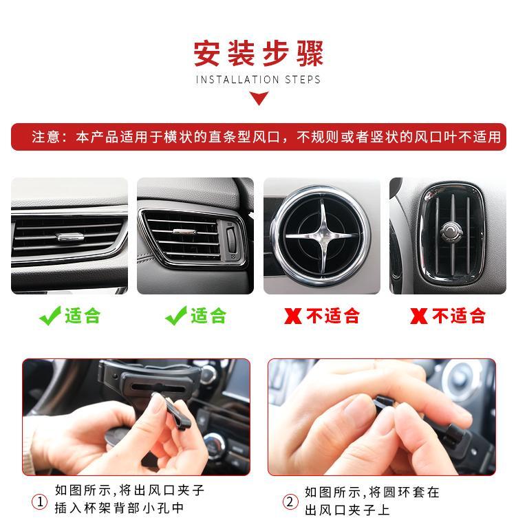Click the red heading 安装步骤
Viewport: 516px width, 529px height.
click(259, 53)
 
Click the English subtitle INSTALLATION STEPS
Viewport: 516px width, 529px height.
click(258, 80)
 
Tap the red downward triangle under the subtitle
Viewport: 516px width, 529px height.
click(259, 98)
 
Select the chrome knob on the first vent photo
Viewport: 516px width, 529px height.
click(71, 237)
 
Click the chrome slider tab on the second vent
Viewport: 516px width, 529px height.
click(184, 231)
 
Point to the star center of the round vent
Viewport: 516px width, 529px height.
click(321, 235)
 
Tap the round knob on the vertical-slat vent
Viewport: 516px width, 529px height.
click(451, 232)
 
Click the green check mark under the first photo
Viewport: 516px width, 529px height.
click(50, 316)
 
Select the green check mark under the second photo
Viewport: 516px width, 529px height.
click(176, 316)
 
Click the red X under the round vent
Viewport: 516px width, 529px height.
click(293, 316)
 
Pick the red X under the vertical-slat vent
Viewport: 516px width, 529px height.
click(419, 316)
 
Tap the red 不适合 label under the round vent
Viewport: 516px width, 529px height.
click(333, 316)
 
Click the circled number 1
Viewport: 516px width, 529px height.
click(39, 501)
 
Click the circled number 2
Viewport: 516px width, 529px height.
click(290, 501)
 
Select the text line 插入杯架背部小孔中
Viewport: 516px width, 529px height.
click(120, 508)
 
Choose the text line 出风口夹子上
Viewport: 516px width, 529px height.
click(347, 510)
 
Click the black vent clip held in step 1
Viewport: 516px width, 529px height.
click(175, 411)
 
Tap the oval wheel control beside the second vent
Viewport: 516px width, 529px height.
click(231, 240)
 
